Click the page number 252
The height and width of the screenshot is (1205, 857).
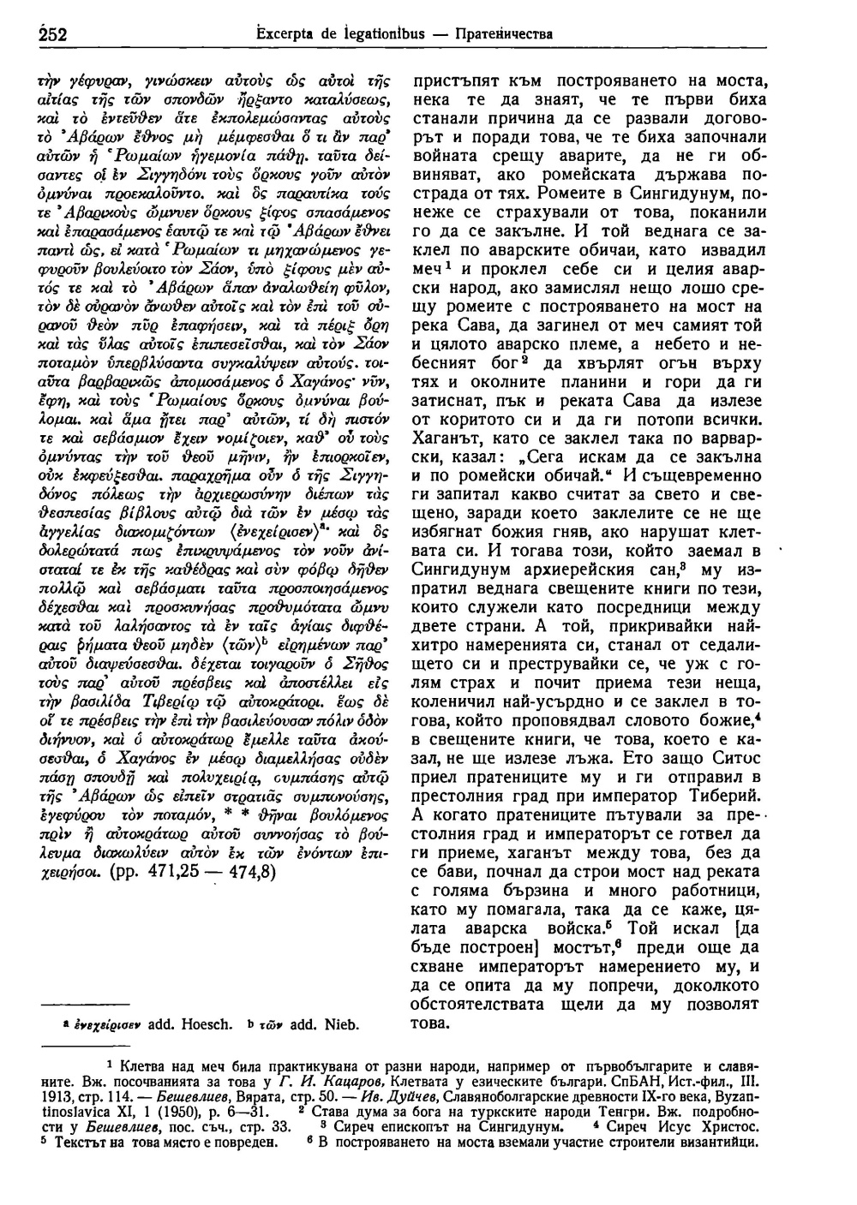(54, 34)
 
